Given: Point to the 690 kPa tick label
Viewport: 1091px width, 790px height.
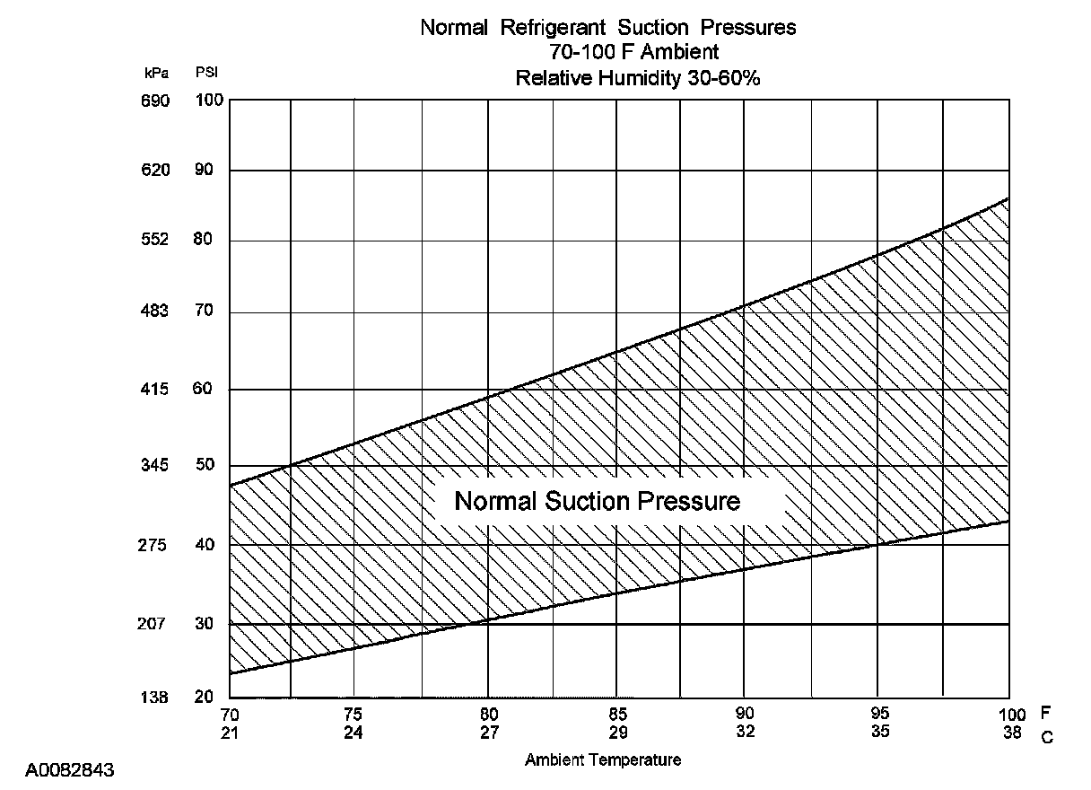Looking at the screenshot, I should pyautogui.click(x=154, y=101).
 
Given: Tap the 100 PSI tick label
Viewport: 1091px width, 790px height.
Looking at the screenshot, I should pyautogui.click(x=209, y=101).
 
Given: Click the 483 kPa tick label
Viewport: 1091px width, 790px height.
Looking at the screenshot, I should pyautogui.click(x=154, y=312).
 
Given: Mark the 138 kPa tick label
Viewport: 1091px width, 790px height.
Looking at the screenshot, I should pyautogui.click(x=154, y=698).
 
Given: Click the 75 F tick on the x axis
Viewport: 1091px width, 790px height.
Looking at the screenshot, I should pyautogui.click(x=353, y=715).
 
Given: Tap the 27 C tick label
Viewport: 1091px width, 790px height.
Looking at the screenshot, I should pyautogui.click(x=488, y=731).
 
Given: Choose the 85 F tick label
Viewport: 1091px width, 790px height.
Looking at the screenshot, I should pyautogui.click(x=616, y=715).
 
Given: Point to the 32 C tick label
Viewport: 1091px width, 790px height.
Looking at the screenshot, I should pyautogui.click(x=745, y=731).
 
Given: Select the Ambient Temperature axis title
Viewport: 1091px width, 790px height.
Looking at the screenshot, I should pyautogui.click(x=603, y=759).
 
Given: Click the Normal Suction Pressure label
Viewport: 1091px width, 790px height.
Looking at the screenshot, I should pyautogui.click(x=598, y=501).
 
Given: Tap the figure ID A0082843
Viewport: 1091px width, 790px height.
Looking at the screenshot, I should pyautogui.click(x=69, y=770).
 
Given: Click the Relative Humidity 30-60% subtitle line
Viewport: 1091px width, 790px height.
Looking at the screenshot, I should pyautogui.click(x=638, y=78).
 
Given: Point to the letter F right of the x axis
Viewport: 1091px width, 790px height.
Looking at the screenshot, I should pyautogui.click(x=1045, y=715).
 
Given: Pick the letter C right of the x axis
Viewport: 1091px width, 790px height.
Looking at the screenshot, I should pyautogui.click(x=1046, y=736).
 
